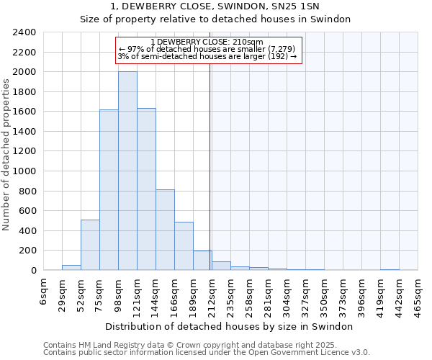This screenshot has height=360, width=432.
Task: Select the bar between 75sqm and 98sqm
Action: (109, 190)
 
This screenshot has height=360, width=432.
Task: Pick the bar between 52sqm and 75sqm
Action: (90, 245)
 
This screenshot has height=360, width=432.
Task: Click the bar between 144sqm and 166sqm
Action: (165, 230)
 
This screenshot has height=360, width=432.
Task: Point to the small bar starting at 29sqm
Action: (71, 268)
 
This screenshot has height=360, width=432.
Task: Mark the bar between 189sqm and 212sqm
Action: (202, 261)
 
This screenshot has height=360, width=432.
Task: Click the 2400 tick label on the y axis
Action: (24, 32)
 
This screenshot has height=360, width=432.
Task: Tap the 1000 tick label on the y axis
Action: (24, 171)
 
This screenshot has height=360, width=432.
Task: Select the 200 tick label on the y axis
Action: (27, 251)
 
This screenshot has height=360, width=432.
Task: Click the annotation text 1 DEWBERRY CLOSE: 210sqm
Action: (207, 42)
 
